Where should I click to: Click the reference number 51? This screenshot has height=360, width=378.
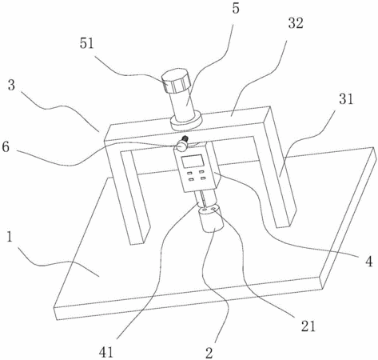[x=87, y=43]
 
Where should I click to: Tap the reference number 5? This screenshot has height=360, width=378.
[x=236, y=8]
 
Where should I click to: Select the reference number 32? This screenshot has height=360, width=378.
[x=296, y=23]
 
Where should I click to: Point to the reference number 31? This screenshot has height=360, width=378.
[x=346, y=99]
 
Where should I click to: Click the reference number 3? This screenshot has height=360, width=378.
[x=11, y=86]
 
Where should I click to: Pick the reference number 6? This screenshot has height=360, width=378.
[x=6, y=147]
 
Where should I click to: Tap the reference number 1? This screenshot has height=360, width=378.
[x=10, y=237]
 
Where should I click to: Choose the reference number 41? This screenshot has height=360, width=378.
[x=106, y=353]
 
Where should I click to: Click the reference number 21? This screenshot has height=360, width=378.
[x=308, y=326]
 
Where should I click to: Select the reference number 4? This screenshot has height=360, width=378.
[x=369, y=262]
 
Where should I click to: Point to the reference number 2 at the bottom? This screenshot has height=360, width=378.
[x=209, y=353]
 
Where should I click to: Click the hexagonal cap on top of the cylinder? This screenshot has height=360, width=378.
[x=176, y=81]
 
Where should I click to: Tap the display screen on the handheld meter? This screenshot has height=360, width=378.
[x=193, y=162]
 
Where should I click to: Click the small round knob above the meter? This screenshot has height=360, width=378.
[x=182, y=146]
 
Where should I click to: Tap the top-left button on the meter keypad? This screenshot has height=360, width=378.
[x=189, y=174]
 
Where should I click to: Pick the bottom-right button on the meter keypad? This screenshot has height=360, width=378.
[x=204, y=178]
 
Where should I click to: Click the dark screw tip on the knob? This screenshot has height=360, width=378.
[x=185, y=138]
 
